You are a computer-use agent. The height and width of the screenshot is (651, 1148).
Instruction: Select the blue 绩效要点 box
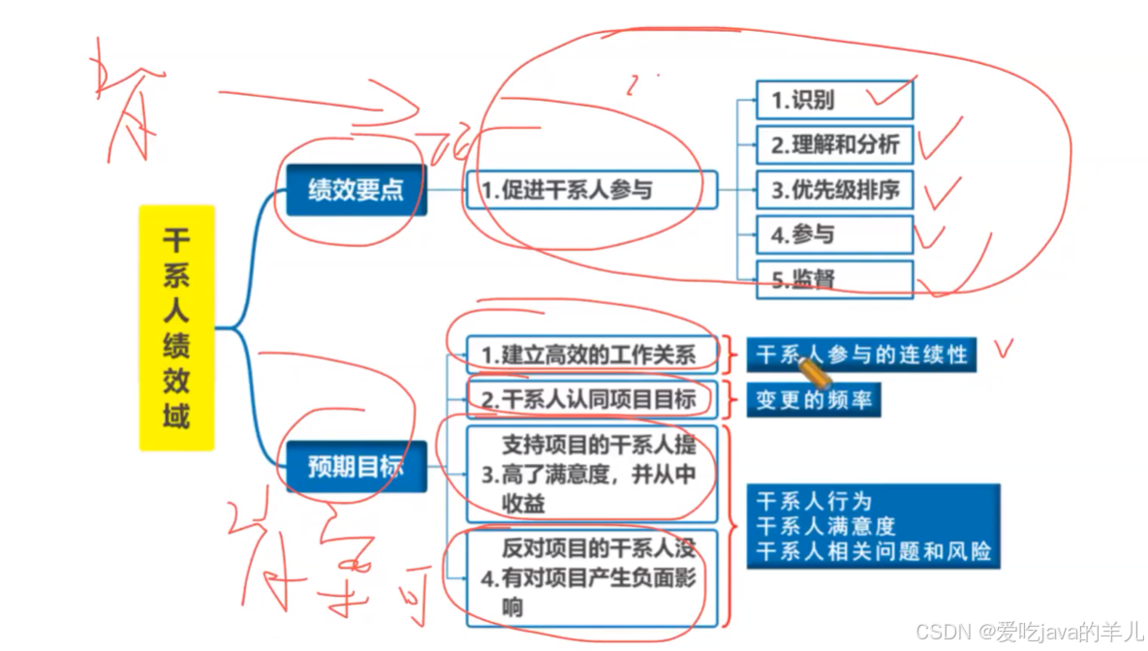(356, 190)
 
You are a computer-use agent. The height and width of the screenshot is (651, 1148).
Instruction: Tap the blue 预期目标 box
(356, 467)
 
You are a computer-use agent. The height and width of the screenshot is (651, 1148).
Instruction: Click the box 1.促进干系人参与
(591, 190)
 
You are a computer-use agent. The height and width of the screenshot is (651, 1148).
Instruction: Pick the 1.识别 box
(834, 100)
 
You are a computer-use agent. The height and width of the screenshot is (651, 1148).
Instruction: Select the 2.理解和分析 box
(834, 145)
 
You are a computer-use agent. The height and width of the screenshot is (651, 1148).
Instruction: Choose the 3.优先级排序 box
(834, 190)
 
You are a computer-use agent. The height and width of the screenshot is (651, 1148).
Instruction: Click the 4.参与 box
(834, 234)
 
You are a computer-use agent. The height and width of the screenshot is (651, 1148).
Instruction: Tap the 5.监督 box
(834, 279)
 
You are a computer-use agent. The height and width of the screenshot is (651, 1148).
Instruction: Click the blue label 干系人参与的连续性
(860, 355)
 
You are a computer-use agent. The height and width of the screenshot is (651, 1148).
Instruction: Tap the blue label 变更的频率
(814, 400)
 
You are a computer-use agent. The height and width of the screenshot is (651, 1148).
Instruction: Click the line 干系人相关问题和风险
(873, 552)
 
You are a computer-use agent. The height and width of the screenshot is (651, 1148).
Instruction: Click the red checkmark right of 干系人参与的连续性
(1004, 350)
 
